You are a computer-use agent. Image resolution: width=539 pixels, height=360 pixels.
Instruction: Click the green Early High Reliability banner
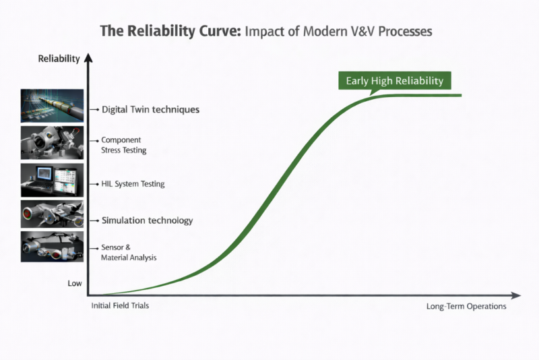coord(394,81)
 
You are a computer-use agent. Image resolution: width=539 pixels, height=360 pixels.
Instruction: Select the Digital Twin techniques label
coord(150,109)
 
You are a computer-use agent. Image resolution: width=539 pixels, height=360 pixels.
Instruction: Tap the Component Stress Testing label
coord(123,145)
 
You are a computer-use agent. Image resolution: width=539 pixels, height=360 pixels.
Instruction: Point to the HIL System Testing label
coord(133,183)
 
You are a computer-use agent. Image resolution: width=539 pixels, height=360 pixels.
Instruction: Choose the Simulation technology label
coord(147,220)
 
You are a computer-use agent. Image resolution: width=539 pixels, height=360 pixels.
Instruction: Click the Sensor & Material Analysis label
coord(129,253)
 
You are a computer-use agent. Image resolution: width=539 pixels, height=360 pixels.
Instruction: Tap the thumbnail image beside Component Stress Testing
coord(52,142)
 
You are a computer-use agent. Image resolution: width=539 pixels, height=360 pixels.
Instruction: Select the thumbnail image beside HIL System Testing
coord(52,179)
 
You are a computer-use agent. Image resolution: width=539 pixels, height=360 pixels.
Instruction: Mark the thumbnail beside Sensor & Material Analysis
coord(52,247)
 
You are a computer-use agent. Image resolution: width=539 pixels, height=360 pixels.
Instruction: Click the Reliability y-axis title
coord(59,59)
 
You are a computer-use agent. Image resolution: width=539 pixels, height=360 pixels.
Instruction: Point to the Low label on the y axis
coord(75,283)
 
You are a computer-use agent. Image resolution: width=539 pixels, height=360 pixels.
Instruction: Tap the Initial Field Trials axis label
coord(120,305)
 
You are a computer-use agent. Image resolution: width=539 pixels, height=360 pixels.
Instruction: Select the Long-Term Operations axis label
coord(466,306)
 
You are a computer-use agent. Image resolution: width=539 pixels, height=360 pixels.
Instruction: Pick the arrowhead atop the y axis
coord(87,59)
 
